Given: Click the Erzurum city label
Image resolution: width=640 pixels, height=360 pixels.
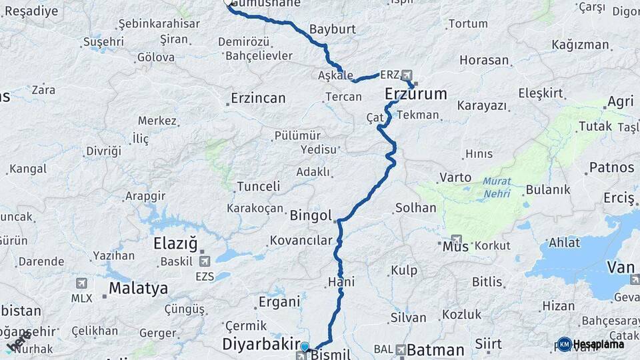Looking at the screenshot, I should point(416,95).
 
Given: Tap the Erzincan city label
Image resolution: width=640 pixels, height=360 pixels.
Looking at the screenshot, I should point(258,99).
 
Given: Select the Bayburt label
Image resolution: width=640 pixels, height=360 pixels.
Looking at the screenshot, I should point(333,30).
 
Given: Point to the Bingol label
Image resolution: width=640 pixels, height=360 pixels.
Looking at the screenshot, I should point(311,215).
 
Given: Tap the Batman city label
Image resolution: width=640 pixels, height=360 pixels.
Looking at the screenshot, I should point(435,349).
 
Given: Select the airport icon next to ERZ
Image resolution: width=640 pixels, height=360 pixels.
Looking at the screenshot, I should point(407,76).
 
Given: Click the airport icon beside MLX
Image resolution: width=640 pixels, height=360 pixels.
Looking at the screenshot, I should point(82,283).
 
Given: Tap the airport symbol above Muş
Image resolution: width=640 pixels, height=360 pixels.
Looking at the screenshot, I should point(456,239).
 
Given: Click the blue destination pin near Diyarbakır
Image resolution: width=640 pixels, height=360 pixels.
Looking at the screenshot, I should point(305,347).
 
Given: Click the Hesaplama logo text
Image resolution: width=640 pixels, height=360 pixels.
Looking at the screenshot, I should point(598,344).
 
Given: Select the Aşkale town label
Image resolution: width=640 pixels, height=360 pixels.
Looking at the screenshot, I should point(335,76).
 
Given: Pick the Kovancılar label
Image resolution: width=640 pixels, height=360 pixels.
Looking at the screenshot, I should point(301,241).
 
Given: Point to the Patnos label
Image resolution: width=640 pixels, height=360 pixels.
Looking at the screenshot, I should point(611,167).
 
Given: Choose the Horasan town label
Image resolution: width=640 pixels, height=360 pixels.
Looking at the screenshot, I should point(484,61).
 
